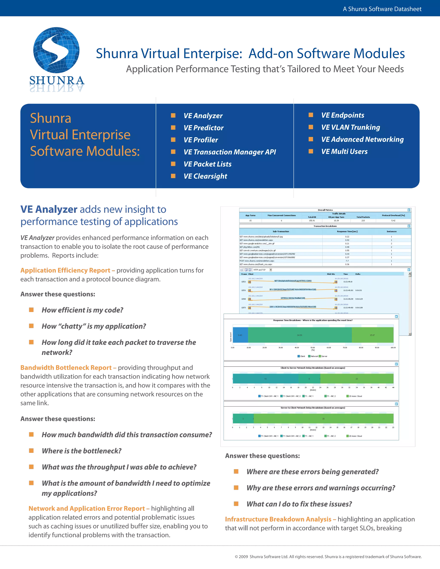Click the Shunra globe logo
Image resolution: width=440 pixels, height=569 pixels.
56,50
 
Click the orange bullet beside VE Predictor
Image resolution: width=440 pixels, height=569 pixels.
173,127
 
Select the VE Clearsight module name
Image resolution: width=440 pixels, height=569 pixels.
205,176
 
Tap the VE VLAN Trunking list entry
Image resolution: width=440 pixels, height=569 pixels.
350,127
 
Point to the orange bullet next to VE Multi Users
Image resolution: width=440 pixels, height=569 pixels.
311,151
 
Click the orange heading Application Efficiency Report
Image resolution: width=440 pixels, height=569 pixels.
66,270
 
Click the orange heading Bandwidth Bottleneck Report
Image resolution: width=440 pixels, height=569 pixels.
66,368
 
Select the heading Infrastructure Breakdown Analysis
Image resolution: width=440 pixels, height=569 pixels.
278,519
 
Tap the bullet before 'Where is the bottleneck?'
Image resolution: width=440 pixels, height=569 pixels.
31,451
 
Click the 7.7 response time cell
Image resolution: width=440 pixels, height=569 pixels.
347,261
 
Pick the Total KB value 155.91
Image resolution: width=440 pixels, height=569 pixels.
312,221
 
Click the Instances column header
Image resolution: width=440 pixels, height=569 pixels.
391,231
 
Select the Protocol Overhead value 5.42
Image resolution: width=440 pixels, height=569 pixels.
393,221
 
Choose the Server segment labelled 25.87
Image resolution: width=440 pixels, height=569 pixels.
372,335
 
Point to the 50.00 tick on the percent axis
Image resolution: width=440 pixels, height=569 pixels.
313,348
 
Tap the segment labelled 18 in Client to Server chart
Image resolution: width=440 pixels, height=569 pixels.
265,379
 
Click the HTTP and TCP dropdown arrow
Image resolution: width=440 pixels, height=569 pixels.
270,270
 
